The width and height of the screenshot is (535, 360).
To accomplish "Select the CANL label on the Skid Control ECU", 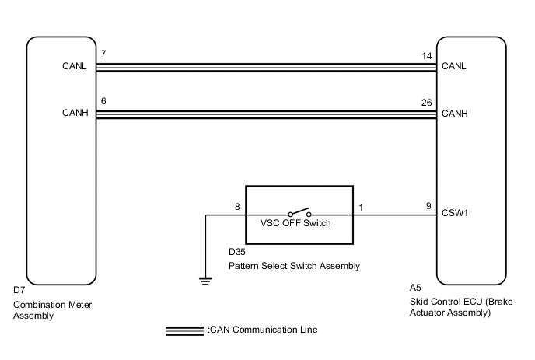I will point(453,67).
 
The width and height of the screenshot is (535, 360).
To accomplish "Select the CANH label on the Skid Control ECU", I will point(453,114).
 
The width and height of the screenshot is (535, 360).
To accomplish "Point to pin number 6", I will point(104,100).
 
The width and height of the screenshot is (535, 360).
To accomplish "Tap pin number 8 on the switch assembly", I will point(237,206).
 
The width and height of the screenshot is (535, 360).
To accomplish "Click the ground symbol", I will point(205,281).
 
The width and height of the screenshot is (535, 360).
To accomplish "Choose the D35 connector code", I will point(236,253).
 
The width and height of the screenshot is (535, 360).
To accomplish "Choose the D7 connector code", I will point(19,290).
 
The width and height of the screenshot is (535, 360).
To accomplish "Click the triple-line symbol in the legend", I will point(185,330).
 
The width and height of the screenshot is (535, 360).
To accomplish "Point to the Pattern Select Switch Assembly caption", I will point(294,266).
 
